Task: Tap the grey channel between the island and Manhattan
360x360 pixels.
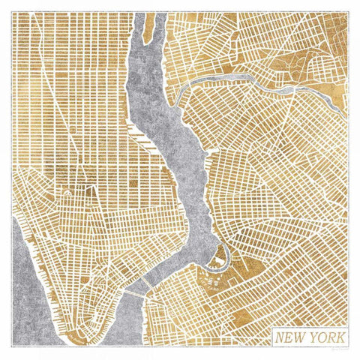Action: (133, 45)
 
